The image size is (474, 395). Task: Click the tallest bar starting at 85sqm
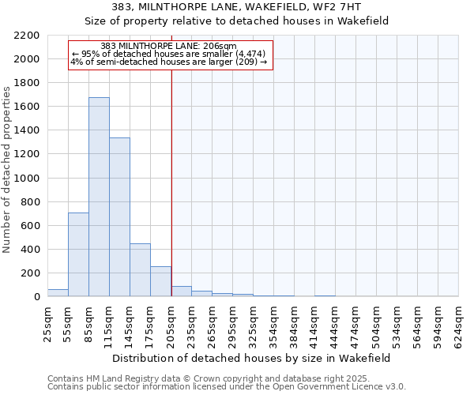point(99,197)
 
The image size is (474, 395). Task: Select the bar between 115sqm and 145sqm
point(119,217)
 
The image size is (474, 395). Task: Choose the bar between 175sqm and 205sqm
point(160,281)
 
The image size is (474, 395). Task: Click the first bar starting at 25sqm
point(58,292)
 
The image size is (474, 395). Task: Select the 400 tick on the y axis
point(29,250)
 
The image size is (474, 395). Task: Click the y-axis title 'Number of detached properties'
point(9,166)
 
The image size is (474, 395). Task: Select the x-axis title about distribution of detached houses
point(253,358)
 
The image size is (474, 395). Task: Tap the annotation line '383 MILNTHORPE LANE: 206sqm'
point(169,47)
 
